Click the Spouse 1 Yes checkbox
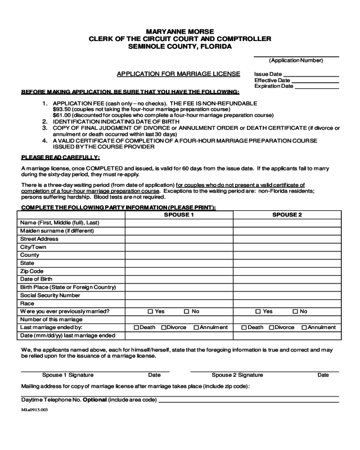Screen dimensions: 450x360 click(150, 311)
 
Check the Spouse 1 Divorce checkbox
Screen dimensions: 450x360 click(164, 327)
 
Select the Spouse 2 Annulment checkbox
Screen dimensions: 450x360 click(304, 327)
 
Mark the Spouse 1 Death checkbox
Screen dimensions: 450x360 click(136, 327)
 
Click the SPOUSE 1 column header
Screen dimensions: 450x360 click(179, 215)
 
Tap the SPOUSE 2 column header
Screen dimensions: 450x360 click(287, 215)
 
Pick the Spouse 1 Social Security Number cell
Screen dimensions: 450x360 click(179, 295)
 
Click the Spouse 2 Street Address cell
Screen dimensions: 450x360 click(287, 239)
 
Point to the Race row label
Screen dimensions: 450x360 click(28, 303)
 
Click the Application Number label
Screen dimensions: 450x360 click(296, 60)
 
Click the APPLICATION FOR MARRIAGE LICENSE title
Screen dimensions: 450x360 click(178, 74)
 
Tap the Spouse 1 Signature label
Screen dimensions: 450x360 click(67, 375)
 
